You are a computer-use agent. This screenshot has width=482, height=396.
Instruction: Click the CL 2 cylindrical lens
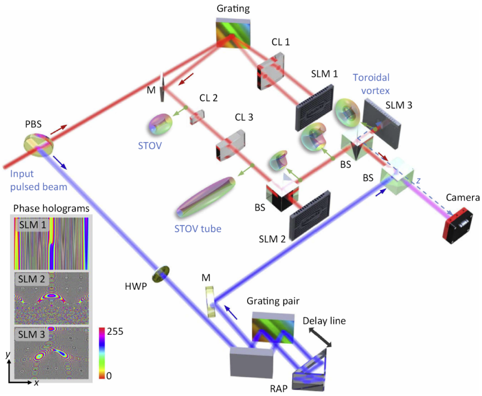(x=196, y=116)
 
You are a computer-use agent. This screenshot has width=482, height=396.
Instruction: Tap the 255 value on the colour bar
(x=115, y=331)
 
